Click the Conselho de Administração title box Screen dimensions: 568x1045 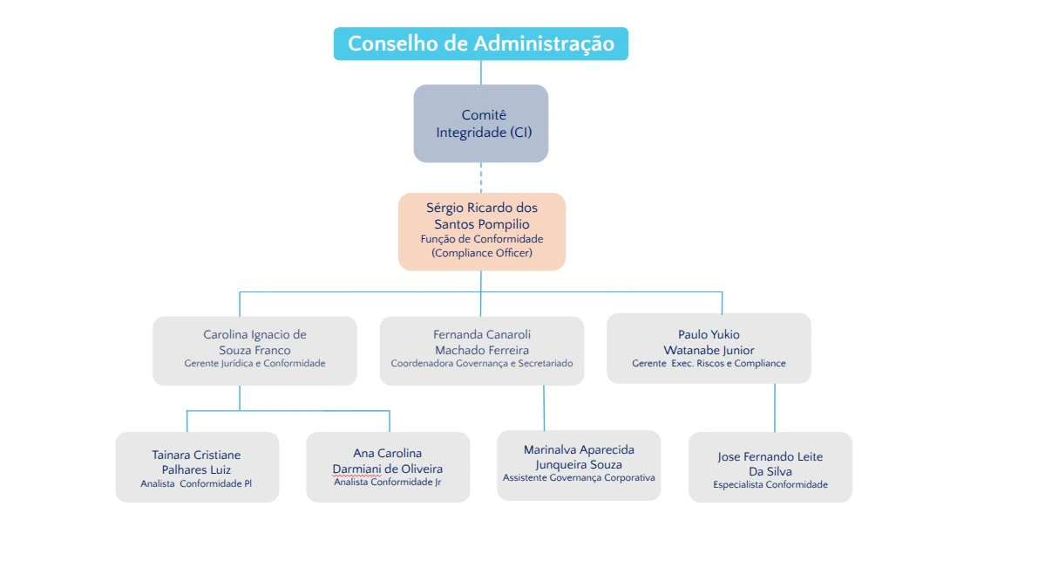480,44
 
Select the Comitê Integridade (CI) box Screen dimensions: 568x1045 480,123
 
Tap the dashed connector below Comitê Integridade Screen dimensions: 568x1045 481,177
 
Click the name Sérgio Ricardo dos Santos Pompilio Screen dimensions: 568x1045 481,216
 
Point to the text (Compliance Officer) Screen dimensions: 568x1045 481,253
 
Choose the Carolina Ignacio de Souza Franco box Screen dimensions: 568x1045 254,350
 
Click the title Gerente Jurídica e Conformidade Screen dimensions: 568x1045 254,363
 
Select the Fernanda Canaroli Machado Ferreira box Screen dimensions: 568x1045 481,350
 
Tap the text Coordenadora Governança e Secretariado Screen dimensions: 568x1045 481,363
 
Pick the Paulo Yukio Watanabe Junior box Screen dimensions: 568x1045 709,348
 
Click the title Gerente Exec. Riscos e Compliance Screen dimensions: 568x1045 709,363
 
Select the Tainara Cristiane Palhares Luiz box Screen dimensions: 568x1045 197,467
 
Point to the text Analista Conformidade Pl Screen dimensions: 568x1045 196,483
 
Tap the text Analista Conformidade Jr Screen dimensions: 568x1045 388,482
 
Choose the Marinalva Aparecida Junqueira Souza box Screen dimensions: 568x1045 579,464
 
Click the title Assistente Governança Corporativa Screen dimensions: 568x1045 579,478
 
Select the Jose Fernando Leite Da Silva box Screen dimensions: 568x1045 770,467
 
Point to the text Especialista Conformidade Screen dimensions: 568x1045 770,485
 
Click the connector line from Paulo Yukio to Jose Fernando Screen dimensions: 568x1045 774,407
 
